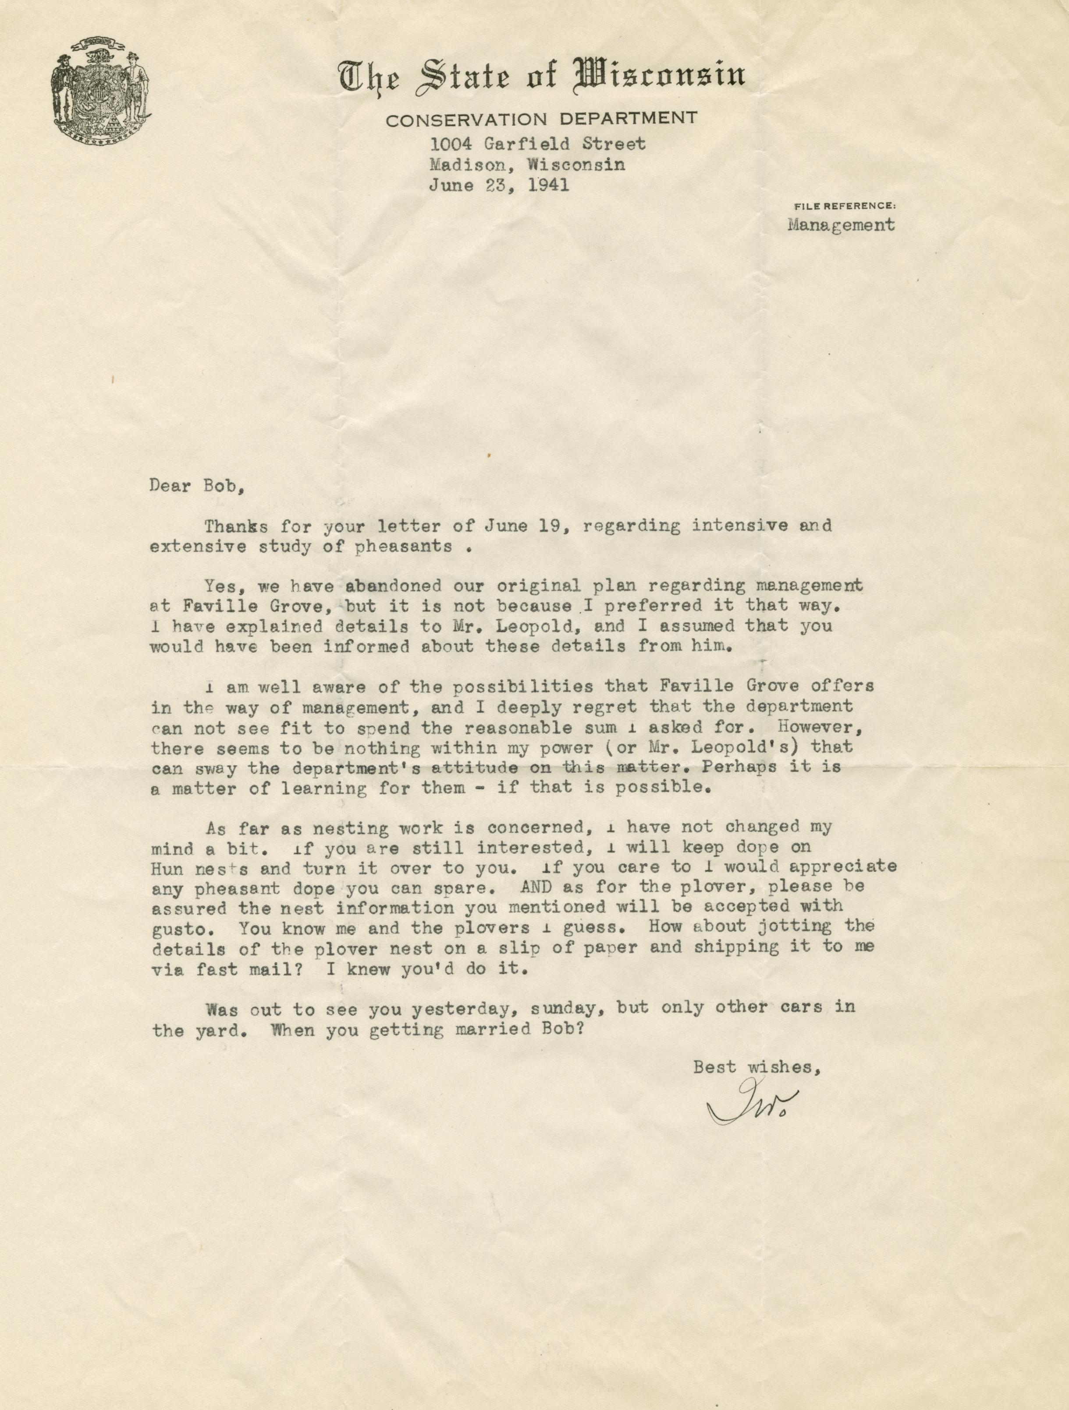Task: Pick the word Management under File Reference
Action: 841,225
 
